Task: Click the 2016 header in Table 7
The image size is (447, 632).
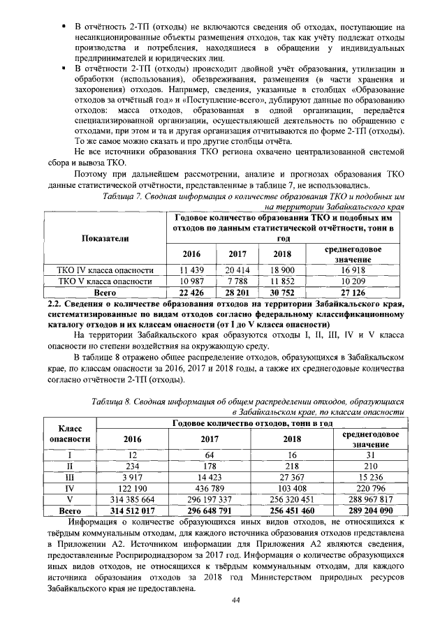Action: pyautogui.click(x=191, y=253)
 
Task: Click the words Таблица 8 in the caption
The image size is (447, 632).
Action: pyautogui.click(x=116, y=403)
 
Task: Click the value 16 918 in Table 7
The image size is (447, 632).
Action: pyautogui.click(x=353, y=270)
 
